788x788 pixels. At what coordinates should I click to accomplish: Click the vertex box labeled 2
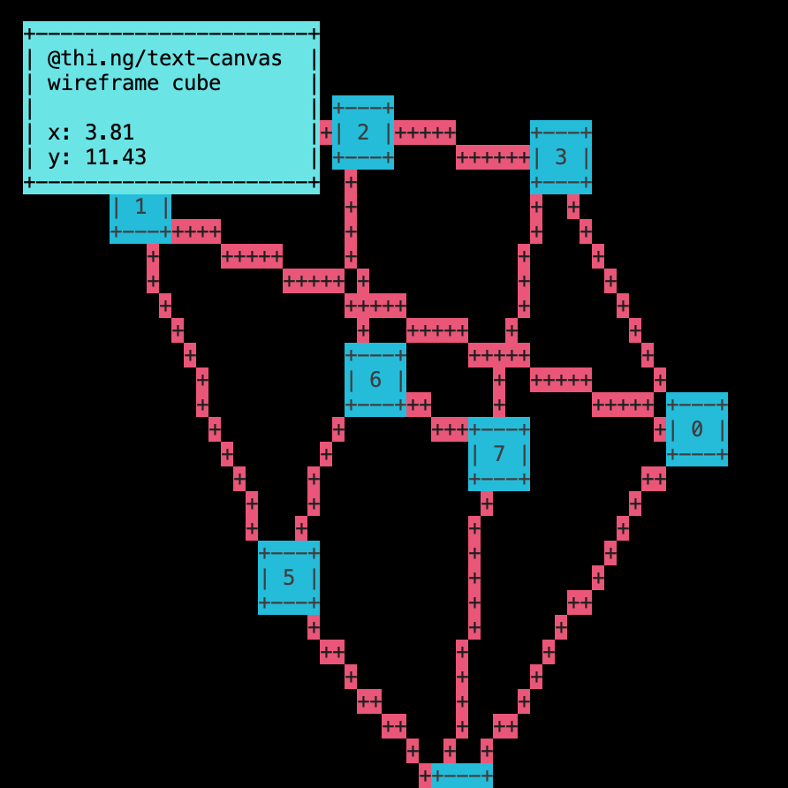363,133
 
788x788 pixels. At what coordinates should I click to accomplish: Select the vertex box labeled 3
561,157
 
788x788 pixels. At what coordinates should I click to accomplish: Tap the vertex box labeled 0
697,429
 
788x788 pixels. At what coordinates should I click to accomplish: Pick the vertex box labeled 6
375,380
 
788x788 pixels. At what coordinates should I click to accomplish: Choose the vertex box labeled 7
499,454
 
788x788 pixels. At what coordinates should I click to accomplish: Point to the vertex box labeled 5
289,578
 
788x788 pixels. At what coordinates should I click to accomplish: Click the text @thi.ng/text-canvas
164,58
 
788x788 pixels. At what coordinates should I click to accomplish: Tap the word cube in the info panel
196,83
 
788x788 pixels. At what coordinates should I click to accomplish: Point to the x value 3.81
110,133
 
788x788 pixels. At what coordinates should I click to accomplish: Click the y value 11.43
116,157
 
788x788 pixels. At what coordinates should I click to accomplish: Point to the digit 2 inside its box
363,133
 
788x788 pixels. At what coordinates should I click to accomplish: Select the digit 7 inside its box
499,454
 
